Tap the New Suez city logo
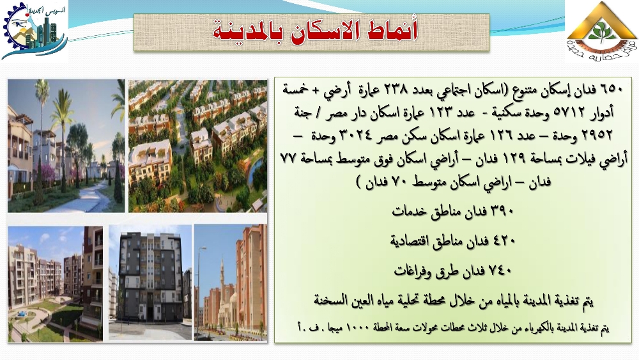pyautogui.click(x=35, y=31)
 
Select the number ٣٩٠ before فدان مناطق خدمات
pyautogui.click(x=502, y=211)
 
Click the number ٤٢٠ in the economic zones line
pyautogui.click(x=504, y=241)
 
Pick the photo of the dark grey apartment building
pyautogui.click(x=150, y=282)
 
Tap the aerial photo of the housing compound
pyautogui.click(x=198, y=146)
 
